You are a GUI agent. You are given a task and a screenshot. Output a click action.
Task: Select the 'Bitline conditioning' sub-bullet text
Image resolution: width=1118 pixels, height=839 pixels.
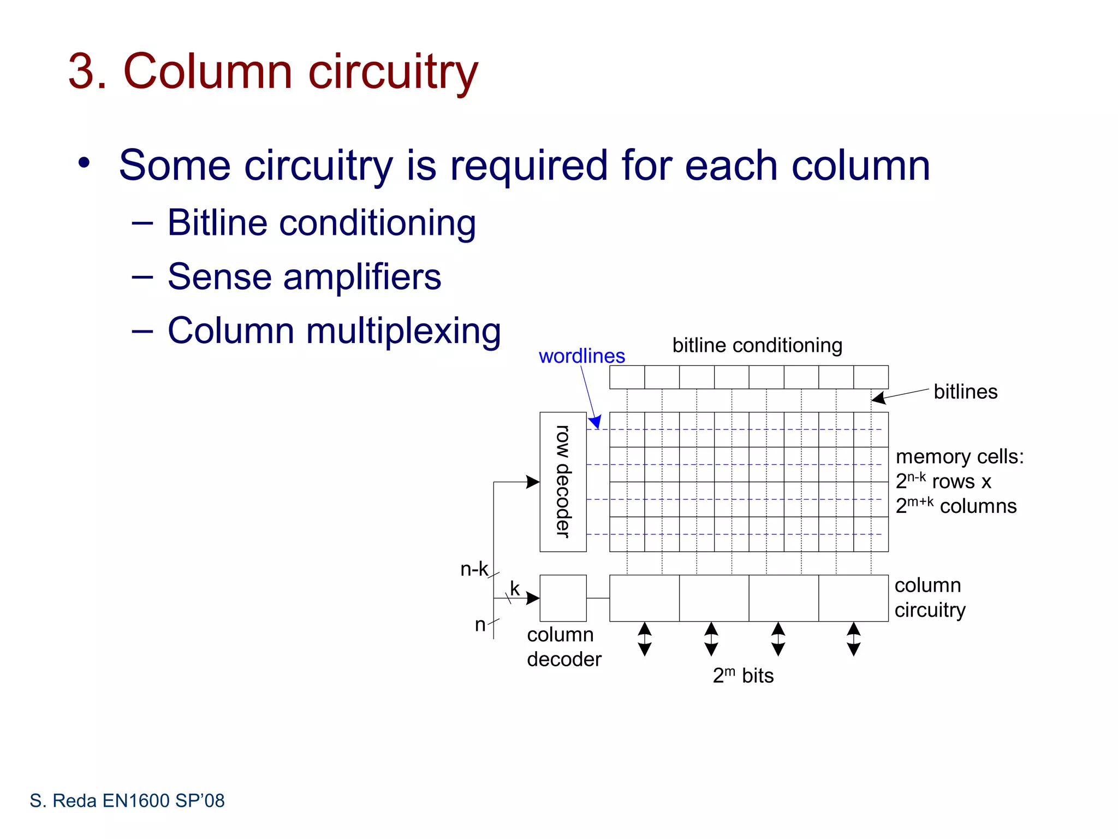pos(321,223)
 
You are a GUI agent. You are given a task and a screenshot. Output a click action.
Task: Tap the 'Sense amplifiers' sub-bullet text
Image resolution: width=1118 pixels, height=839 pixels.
pos(304,276)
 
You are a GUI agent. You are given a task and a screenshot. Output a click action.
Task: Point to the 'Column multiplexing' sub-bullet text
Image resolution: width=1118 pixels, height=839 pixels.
pos(334,330)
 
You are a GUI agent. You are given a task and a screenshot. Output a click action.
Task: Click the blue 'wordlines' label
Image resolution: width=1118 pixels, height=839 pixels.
pos(581,356)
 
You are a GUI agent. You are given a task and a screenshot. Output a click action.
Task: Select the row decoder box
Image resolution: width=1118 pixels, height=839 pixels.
pos(563,482)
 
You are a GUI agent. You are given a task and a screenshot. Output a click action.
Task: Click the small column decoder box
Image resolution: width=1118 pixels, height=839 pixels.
pos(563,598)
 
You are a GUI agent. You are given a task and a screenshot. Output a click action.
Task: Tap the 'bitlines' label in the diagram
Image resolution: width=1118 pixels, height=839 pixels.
pos(965,392)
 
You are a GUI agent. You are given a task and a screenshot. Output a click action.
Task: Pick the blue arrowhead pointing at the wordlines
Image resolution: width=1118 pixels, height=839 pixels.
pos(596,422)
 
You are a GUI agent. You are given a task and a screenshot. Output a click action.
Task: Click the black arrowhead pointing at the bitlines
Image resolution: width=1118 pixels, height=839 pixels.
pos(878,398)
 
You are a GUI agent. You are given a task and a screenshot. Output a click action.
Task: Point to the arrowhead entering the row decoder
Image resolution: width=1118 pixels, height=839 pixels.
pos(533,482)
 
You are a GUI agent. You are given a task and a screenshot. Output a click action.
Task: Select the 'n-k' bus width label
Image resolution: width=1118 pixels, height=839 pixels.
pos(474,569)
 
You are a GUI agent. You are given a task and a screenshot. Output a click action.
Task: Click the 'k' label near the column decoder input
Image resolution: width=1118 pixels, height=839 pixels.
pos(515,588)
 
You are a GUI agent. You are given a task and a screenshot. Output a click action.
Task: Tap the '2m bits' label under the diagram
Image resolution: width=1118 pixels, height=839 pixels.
pos(743,676)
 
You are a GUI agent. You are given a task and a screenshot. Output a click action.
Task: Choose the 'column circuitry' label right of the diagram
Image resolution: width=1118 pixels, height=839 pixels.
pos(930,597)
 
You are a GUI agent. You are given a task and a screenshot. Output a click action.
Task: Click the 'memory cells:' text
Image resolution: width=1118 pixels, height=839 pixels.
pos(960,457)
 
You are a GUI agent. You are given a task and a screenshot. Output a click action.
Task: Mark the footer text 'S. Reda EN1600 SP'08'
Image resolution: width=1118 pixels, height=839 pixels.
pos(127,801)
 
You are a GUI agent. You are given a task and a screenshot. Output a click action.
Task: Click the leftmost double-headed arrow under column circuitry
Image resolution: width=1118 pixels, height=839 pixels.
pos(645,639)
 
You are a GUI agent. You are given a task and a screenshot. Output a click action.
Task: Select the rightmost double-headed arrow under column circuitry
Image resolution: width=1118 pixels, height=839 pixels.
pos(854,639)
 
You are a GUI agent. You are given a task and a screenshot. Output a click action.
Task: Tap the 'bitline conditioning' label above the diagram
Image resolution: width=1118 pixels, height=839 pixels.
pos(757,345)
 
